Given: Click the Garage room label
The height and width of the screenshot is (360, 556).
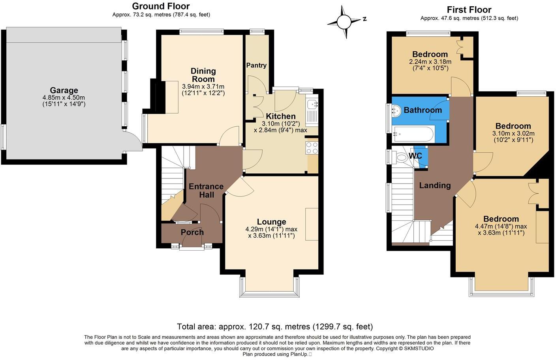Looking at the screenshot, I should coord(64,90).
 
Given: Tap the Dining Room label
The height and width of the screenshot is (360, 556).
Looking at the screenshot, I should coord(203,75).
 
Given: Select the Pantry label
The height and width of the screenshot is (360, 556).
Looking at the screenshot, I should coord(256,65).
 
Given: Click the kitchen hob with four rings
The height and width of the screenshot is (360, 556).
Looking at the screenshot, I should coord(312,148).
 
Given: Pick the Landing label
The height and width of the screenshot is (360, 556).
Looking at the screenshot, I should coord(435,185).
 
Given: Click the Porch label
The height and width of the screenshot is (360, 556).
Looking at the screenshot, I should coord(192,232).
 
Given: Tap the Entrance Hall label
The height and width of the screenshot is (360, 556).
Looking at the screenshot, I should coord(206,190).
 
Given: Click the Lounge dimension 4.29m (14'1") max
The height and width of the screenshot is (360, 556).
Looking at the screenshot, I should coord(271,229).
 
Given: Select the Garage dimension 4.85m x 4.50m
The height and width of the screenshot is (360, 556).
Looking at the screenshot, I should coord(64,97).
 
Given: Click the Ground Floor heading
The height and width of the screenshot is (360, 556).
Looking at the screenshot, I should coord(161,6).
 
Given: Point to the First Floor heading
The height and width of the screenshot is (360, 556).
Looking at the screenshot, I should coord(469,9).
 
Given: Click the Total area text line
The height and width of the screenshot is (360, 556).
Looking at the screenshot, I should coord(274,326).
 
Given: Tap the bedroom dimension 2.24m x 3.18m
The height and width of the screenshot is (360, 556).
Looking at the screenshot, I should coord(430,62).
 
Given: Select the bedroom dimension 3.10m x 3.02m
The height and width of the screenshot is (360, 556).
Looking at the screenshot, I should coord(513,133).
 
